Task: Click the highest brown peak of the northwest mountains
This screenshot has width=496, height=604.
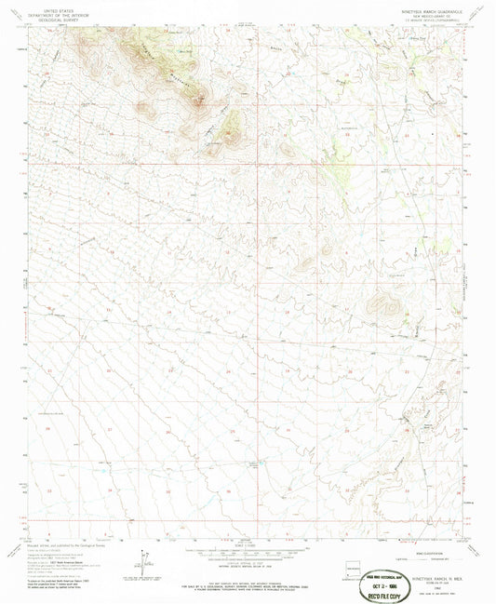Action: click(197, 100)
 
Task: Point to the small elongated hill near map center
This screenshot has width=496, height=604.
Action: click(326, 250)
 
